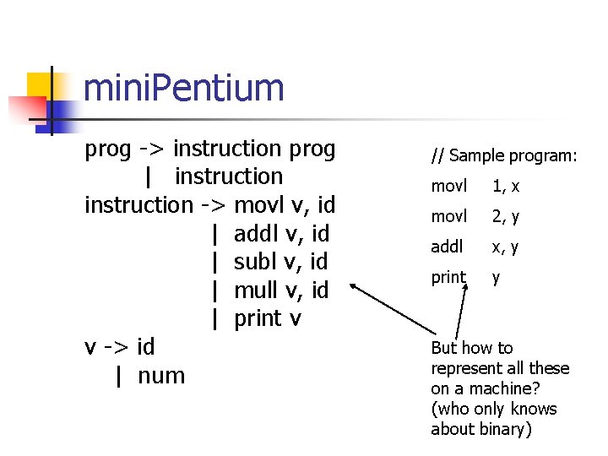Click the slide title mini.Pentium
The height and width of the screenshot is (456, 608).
click(184, 88)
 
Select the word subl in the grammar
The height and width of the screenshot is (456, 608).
click(258, 262)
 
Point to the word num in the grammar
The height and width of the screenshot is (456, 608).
click(160, 375)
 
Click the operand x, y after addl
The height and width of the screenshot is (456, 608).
click(505, 247)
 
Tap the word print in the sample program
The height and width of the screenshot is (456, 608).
click(448, 278)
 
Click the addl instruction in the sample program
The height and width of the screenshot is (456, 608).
click(448, 247)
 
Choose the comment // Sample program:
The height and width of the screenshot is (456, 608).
click(504, 155)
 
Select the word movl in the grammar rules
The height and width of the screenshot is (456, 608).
click(260, 204)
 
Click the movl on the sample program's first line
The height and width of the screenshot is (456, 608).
click(448, 186)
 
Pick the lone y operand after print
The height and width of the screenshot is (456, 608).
click(496, 278)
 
